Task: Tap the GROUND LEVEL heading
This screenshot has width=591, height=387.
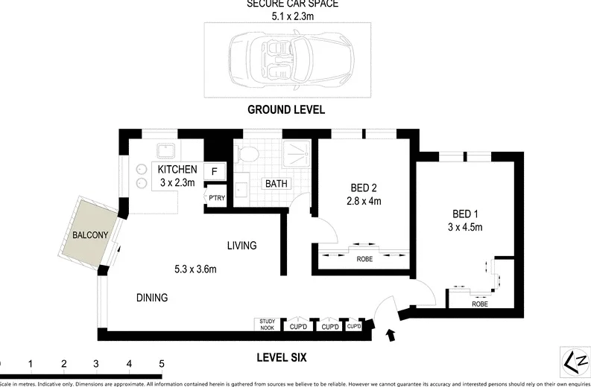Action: [x=286, y=109]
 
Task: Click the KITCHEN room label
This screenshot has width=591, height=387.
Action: [x=177, y=170]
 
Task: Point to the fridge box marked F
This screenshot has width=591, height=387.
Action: [x=215, y=172]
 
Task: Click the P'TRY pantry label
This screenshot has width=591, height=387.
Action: [x=216, y=197]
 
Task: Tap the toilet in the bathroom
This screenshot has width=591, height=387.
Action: [x=247, y=154]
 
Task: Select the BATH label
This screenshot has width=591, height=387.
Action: [x=276, y=184]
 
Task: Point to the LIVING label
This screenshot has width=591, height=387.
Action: [x=242, y=245]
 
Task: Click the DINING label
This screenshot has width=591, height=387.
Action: [x=151, y=298]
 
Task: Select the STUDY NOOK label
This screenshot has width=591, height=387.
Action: [x=266, y=323]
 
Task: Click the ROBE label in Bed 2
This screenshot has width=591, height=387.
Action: [x=364, y=258]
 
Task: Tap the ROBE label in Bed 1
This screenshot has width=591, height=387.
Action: [x=479, y=303]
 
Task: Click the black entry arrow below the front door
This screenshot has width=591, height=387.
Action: [x=393, y=337]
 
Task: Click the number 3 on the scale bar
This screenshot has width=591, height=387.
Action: [x=96, y=365]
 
